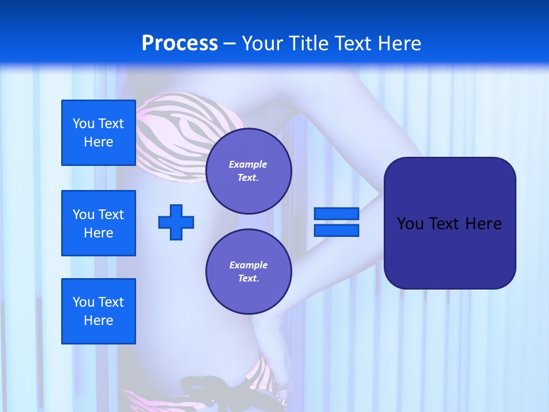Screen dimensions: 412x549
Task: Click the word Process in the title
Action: click(x=180, y=43)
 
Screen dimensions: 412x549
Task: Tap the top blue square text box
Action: click(x=98, y=133)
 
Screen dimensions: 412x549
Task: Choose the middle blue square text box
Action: click(x=98, y=223)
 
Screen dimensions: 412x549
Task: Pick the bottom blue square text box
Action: click(x=98, y=311)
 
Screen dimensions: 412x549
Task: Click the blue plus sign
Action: click(x=176, y=222)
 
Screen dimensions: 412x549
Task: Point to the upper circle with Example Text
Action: click(x=248, y=171)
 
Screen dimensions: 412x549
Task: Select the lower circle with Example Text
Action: click(x=248, y=271)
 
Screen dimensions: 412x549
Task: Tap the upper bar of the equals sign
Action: click(x=336, y=214)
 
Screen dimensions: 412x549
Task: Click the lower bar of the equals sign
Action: click(x=336, y=230)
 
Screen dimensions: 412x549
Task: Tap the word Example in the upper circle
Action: click(x=248, y=164)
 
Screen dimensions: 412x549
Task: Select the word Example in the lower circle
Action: click(x=248, y=265)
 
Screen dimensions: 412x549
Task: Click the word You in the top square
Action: click(x=83, y=124)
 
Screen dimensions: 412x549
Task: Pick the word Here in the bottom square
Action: click(x=98, y=320)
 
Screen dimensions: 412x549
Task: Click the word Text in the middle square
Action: click(x=111, y=215)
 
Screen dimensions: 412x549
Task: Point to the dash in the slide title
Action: click(x=230, y=43)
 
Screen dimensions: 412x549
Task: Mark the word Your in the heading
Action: click(x=264, y=43)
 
